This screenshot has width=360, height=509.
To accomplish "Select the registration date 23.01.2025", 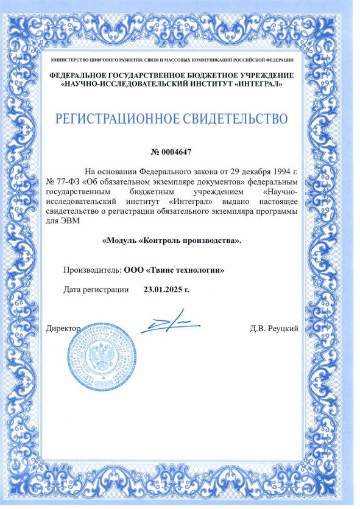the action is pos(166,289).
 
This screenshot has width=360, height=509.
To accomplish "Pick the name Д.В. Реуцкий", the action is pos(274,329).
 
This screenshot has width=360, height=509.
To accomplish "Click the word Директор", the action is pos(63,329).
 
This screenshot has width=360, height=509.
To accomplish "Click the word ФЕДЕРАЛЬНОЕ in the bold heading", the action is pos(83,74).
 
